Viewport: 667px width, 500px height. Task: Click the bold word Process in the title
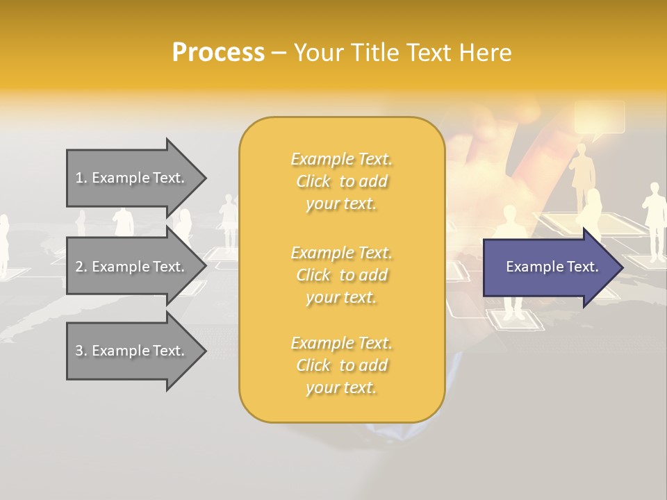tap(218, 53)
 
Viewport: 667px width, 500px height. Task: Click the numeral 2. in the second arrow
tap(81, 267)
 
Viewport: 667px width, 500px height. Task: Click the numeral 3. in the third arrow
tap(81, 351)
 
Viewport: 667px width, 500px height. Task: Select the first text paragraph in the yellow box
tap(341, 181)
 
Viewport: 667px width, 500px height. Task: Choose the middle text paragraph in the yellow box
tap(341, 275)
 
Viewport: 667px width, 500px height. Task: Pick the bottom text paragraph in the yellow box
tap(341, 365)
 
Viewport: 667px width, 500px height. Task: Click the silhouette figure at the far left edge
tap(3, 243)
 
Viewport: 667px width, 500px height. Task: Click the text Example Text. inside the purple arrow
tap(552, 267)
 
